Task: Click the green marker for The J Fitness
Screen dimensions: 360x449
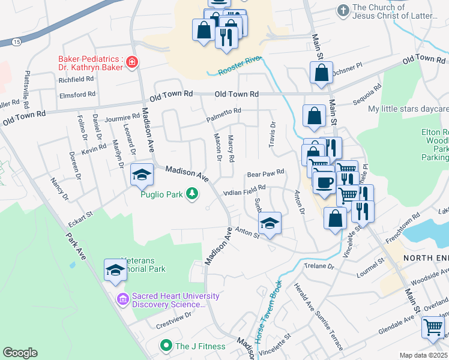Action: (x=166, y=346)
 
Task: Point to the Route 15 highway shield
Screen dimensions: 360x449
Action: (x=16, y=41)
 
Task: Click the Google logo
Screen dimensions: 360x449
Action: (x=20, y=353)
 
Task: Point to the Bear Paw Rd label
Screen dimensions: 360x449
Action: (x=265, y=173)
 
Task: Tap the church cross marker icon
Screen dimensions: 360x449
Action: (x=343, y=11)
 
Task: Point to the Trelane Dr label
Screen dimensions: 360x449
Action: (x=319, y=266)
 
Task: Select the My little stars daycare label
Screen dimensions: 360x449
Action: (x=408, y=109)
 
